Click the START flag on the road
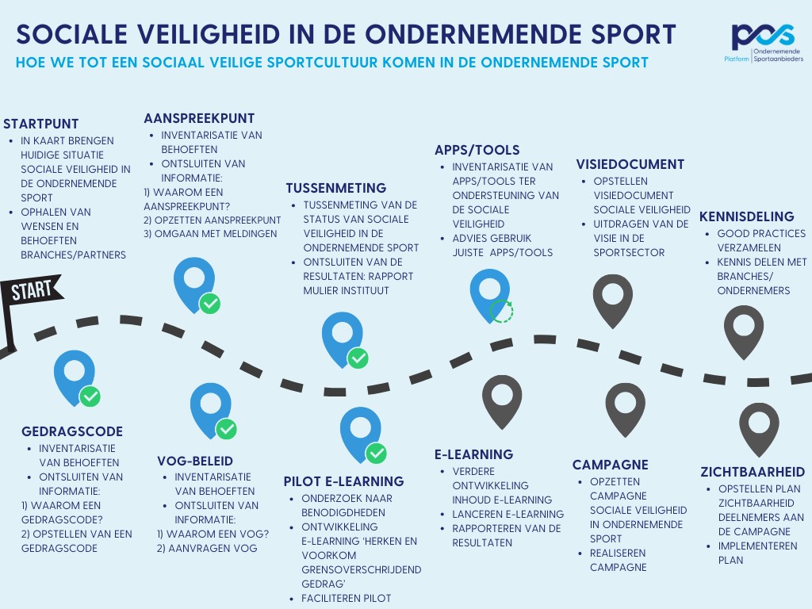coord(32,289)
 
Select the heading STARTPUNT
coord(41,124)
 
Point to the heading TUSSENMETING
coord(336,188)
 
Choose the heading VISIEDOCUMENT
coord(630,164)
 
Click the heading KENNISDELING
coord(746,216)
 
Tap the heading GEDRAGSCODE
coord(72,431)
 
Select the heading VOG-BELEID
coord(195,460)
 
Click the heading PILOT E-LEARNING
coord(343,481)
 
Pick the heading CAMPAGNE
coord(611,465)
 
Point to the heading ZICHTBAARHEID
coord(753,472)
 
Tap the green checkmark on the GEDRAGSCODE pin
coord(90,396)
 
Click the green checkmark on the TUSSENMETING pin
coord(358,358)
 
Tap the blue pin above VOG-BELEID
coord(210,407)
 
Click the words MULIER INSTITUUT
coord(346,290)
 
